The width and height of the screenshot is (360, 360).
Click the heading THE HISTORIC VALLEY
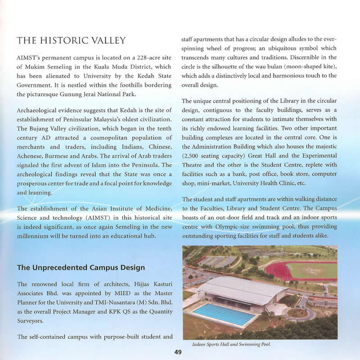pos(71,41)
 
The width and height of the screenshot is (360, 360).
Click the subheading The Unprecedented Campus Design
pos(81,268)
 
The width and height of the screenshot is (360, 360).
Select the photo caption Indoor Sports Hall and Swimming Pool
pos(231,345)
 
